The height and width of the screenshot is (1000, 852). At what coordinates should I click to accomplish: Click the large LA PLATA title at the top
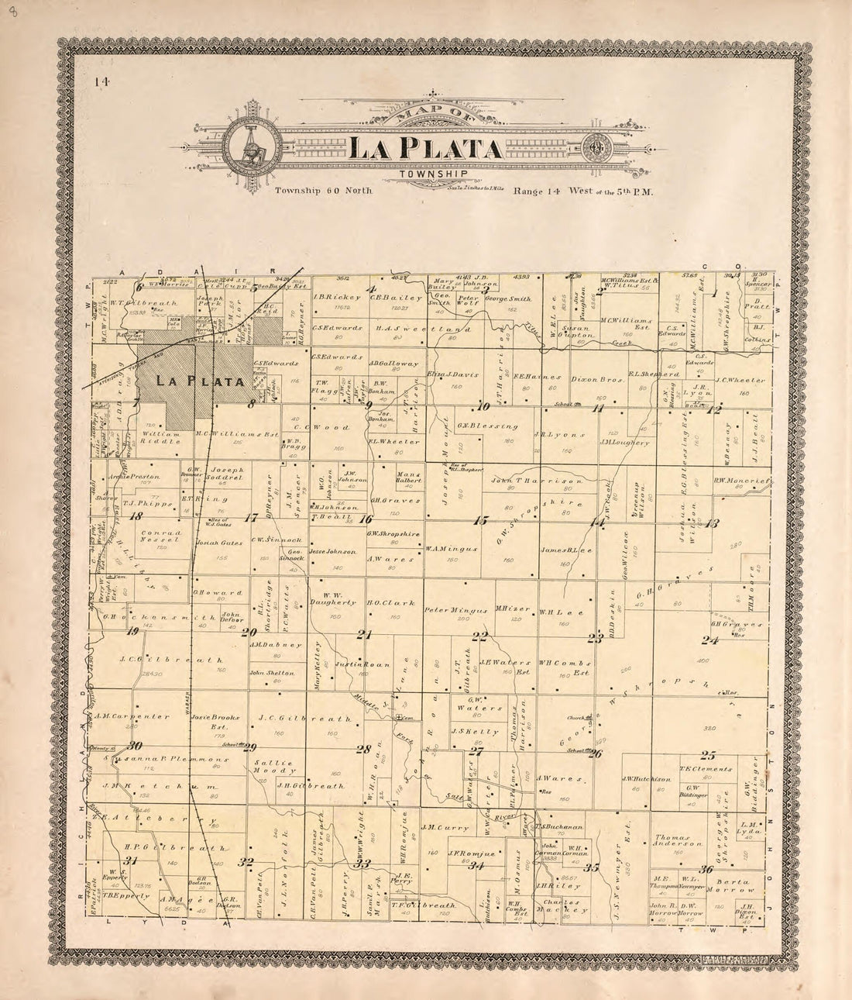pos(424,147)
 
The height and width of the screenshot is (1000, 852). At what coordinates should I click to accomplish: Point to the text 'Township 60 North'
pos(323,190)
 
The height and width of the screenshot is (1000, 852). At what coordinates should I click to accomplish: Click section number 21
pos(364,635)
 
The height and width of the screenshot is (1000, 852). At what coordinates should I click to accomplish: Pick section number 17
pos(250,518)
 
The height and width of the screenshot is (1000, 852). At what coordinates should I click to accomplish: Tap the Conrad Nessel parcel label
pos(162,536)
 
